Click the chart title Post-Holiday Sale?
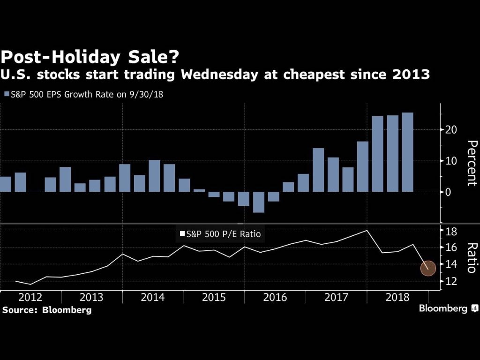90,57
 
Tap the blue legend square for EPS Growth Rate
7,94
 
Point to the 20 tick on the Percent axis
451,129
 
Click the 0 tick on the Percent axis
448,192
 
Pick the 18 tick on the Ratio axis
450,231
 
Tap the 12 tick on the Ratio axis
450,281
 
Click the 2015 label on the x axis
214,298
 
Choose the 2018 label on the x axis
397,298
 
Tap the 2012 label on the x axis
30,298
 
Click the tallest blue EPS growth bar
407,152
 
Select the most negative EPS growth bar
259,202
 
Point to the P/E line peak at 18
367,230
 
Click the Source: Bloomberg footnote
47,310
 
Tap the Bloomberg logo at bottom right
448,308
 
